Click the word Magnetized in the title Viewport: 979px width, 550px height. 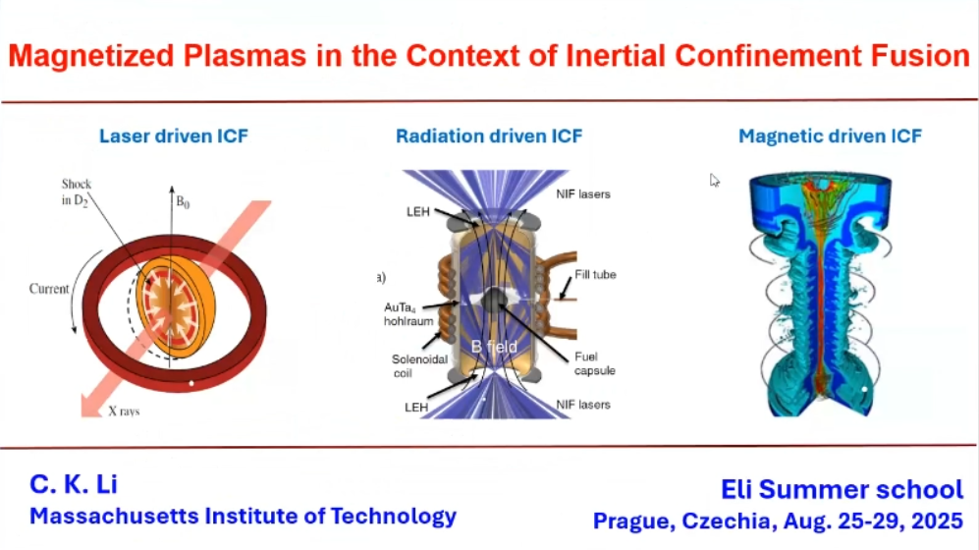pyautogui.click(x=91, y=56)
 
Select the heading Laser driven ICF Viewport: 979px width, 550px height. pyautogui.click(x=174, y=137)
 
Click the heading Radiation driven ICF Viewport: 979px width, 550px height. pyautogui.click(x=489, y=137)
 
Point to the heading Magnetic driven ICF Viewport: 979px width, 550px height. pyautogui.click(x=830, y=137)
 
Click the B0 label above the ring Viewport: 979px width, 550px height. pyautogui.click(x=183, y=202)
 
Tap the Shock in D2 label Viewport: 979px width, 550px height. pyautogui.click(x=76, y=192)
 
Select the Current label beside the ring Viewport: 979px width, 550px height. pyautogui.click(x=49, y=289)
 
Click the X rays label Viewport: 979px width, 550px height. pyautogui.click(x=124, y=412)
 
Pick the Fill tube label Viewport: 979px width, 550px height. pyautogui.click(x=595, y=275)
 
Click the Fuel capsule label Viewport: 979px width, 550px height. pyautogui.click(x=594, y=363)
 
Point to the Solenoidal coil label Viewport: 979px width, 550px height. pyautogui.click(x=419, y=366)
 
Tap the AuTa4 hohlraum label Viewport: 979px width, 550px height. pyautogui.click(x=408, y=314)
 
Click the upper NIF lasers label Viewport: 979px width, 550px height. pyautogui.click(x=583, y=194)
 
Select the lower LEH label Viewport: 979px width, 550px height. pyautogui.click(x=415, y=408)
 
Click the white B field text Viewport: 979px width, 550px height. pyautogui.click(x=494, y=347)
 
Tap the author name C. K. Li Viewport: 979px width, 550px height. pyautogui.click(x=73, y=484)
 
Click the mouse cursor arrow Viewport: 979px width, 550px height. pyautogui.click(x=714, y=180)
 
